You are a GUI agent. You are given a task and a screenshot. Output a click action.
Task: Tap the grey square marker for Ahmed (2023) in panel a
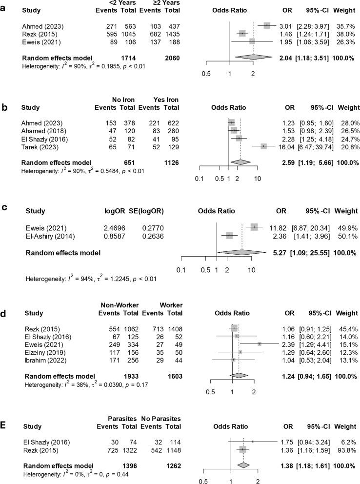click(x=267, y=25)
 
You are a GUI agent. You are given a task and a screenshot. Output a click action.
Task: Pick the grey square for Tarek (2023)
click(x=263, y=146)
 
